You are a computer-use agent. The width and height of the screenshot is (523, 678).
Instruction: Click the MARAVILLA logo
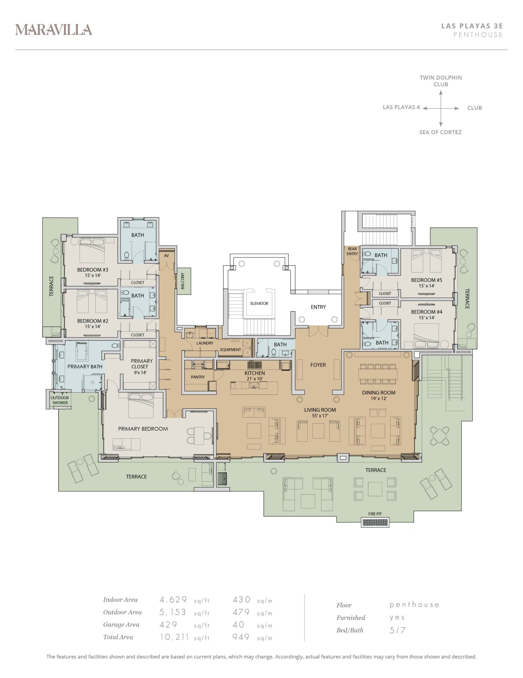[54, 30]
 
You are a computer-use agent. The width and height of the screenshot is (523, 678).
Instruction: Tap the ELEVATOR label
[259, 303]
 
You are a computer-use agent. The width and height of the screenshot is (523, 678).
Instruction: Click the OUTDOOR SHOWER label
[60, 400]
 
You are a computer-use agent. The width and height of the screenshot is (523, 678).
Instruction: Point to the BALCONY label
[183, 281]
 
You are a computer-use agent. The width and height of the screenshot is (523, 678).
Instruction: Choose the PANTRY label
[198, 377]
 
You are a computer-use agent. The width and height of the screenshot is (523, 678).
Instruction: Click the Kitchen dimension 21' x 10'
[255, 379]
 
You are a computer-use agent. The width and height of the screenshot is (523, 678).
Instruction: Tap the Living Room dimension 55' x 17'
[320, 416]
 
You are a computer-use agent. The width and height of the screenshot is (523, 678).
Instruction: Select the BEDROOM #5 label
[426, 280]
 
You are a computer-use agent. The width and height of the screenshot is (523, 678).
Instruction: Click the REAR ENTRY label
[352, 251]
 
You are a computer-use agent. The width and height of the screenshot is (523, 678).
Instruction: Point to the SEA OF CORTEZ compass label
[440, 132]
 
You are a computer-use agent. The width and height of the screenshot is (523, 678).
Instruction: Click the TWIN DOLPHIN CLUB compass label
[441, 81]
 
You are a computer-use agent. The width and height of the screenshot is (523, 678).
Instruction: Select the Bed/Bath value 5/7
[397, 630]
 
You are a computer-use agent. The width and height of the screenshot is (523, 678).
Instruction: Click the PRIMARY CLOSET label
[141, 364]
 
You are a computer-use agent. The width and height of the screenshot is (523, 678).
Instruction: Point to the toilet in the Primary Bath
[115, 346]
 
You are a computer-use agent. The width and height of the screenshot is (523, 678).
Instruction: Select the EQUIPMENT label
[230, 350]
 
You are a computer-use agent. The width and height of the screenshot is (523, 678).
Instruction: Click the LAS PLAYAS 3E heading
[472, 26]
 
